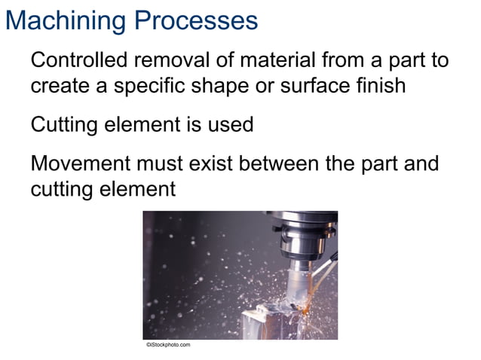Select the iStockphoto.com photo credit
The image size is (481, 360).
click(x=168, y=345)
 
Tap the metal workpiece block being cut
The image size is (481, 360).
click(x=268, y=320)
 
